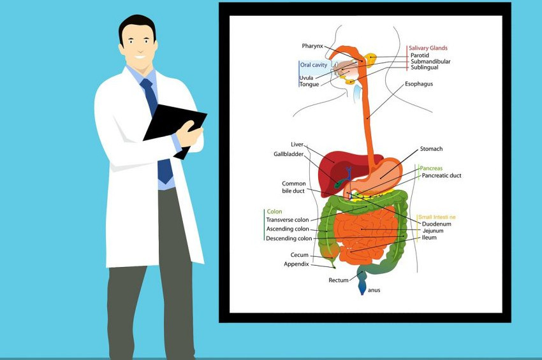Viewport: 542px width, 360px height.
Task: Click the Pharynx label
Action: pos(312,46)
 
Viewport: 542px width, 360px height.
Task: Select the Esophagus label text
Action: pos(418,83)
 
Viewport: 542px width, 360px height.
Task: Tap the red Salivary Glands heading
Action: pos(428,48)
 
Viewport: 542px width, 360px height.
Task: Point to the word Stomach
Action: pos(431,149)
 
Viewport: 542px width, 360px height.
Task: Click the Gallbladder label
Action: pos(288,154)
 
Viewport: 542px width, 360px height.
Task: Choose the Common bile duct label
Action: pos(294,187)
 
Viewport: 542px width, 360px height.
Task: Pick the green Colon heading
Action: pos(274,212)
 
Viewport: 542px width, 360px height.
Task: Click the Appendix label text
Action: pos(297,264)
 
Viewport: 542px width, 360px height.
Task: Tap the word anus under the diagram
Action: pos(374,290)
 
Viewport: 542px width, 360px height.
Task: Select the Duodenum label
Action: pos(436,224)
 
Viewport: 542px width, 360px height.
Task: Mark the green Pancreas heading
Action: pos(431,168)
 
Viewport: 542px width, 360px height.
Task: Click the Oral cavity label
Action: pos(313,65)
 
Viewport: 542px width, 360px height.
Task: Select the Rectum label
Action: pos(339,280)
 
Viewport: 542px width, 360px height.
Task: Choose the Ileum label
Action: pos(429,238)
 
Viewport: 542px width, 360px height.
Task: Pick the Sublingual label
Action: pos(425,68)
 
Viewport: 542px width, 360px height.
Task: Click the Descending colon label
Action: pos(289,238)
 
